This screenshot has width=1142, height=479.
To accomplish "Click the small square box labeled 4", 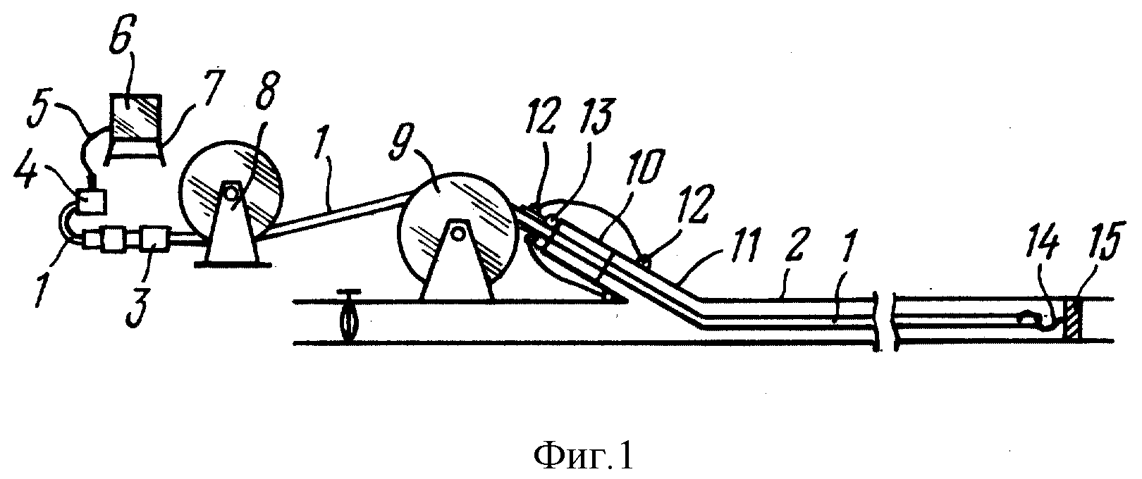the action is pos(91,201).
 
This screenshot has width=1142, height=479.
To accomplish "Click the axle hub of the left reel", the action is pos(231,193).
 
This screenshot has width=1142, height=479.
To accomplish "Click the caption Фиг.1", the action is pos(584,456).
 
